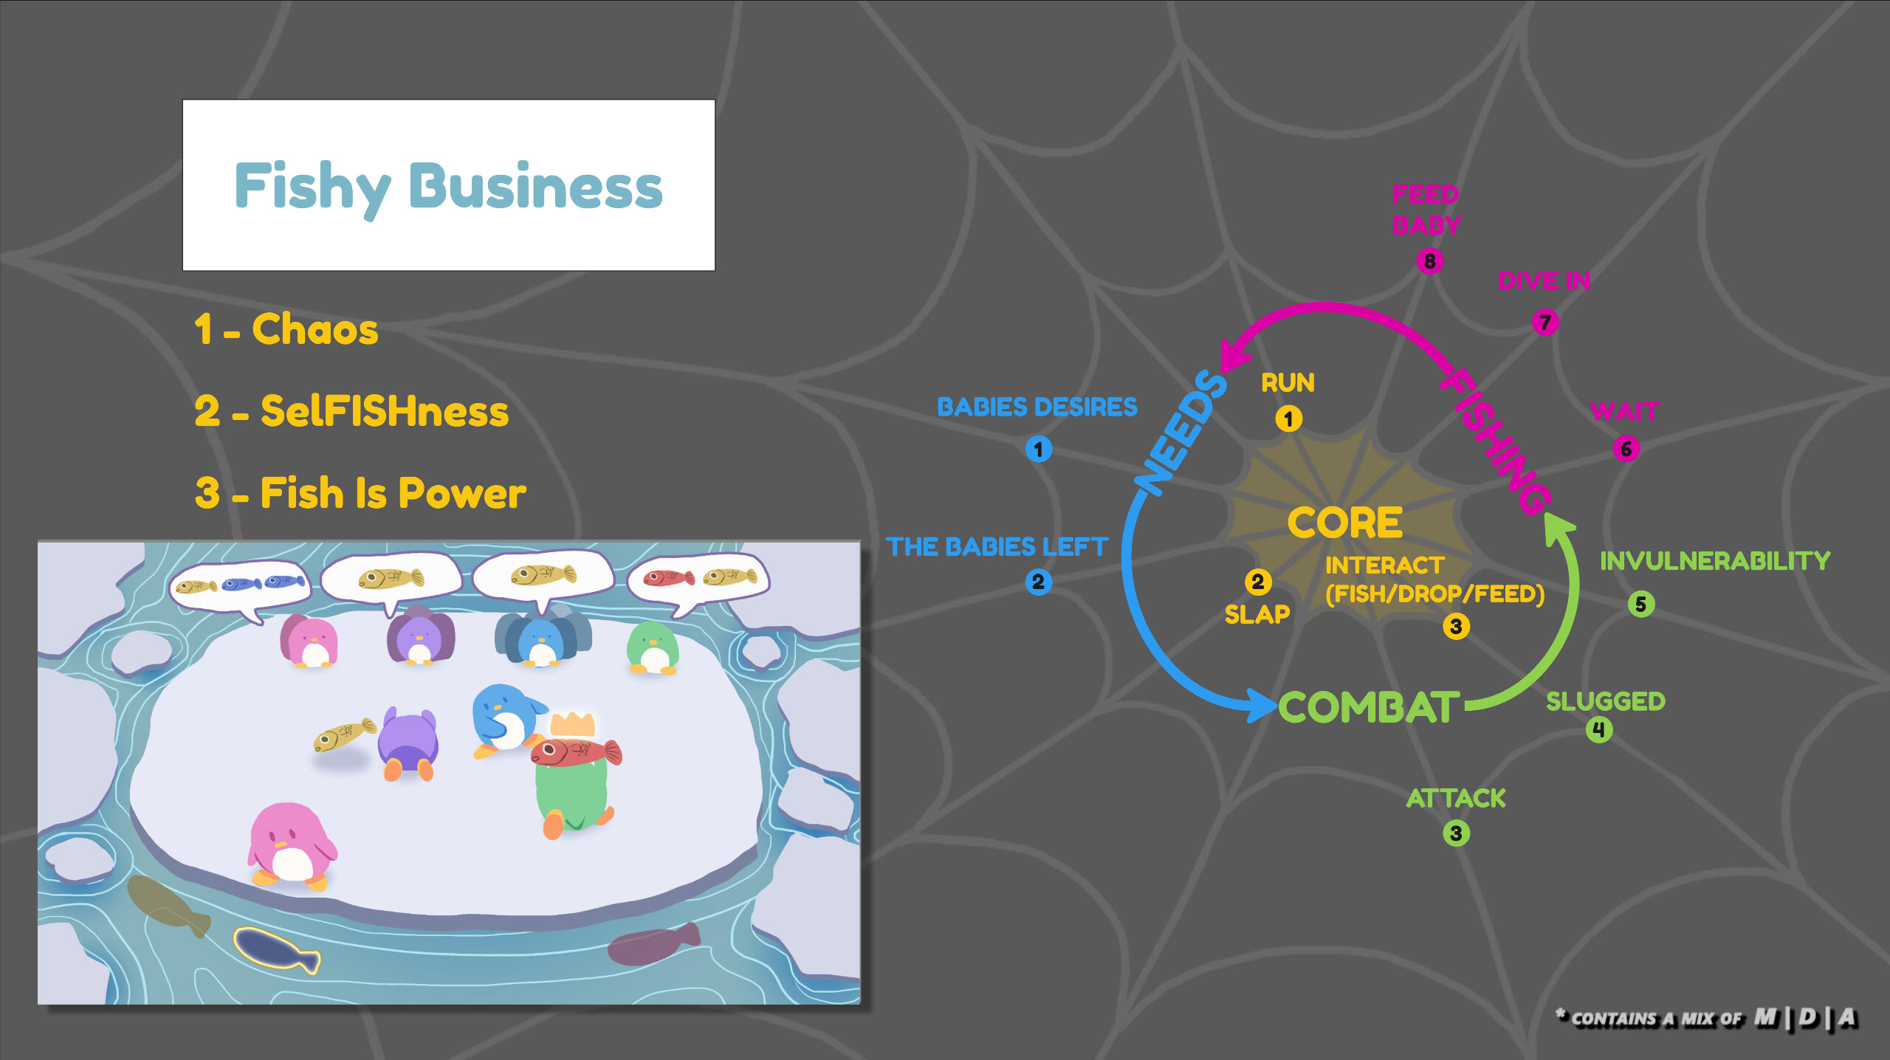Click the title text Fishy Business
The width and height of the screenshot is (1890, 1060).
click(448, 187)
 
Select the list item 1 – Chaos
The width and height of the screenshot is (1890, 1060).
click(286, 329)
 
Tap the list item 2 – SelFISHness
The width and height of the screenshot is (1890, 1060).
click(351, 411)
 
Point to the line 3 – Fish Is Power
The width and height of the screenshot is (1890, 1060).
click(360, 493)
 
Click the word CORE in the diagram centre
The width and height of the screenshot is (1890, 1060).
click(1344, 523)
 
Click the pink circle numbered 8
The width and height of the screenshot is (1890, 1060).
click(1429, 261)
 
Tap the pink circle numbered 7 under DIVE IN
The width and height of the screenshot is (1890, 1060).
click(1544, 322)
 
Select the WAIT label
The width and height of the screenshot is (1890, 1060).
click(1624, 410)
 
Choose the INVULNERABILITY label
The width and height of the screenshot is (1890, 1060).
click(1714, 561)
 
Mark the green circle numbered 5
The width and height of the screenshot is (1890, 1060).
click(1640, 604)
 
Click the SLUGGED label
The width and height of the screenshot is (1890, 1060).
click(1605, 701)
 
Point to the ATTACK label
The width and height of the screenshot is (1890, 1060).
click(1455, 798)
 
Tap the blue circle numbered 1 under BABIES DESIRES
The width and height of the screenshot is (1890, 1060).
click(1038, 449)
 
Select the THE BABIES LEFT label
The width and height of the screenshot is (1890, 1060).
click(997, 546)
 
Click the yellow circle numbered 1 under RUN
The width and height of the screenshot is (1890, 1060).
click(1288, 419)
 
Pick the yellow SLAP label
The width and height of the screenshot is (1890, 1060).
click(1257, 614)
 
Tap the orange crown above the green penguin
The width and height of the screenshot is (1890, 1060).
click(572, 724)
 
